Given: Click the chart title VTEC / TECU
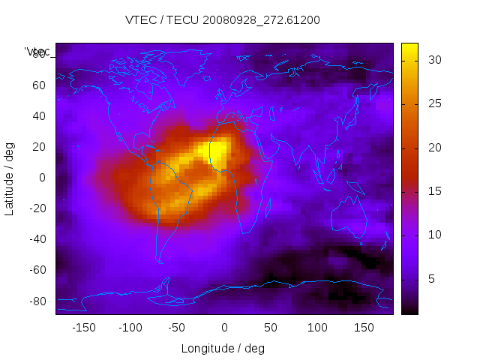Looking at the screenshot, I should point(223,20).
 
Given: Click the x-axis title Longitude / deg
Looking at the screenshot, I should point(223,349).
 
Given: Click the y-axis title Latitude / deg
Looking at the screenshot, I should point(10,178).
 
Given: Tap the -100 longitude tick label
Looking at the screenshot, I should point(130,328).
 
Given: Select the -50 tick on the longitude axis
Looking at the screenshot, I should point(177,328).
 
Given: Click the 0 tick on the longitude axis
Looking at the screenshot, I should point(224,328).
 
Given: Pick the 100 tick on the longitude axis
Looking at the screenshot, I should point(317,328).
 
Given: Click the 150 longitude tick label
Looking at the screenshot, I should point(364,328).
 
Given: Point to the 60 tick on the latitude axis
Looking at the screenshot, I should point(38,85).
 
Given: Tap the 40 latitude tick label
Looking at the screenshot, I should point(38,115).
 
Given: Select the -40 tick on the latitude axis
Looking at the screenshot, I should point(36,239).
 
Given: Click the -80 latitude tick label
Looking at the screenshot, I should point(36,301).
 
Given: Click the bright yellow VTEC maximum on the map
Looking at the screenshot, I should point(215,151).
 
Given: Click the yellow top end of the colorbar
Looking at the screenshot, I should point(409,49).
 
